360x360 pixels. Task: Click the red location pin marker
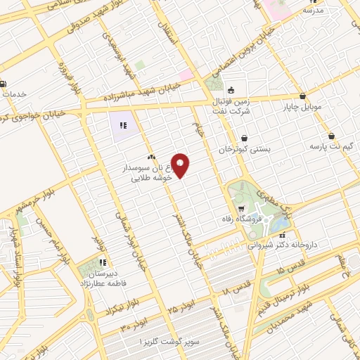[181, 165]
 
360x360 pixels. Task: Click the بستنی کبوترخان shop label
[244, 149]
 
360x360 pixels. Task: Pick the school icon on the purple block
[122, 125]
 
